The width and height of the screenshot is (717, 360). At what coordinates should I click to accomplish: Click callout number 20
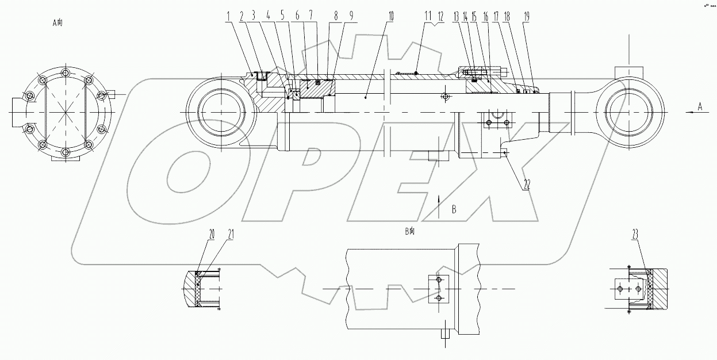tap(212, 233)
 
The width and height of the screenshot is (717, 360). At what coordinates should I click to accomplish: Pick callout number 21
tap(231, 233)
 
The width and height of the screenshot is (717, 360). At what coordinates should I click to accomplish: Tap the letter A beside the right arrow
tap(700, 106)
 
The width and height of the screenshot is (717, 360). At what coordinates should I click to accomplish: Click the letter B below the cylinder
tap(454, 210)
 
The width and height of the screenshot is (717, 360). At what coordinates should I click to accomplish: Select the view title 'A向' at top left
tap(57, 24)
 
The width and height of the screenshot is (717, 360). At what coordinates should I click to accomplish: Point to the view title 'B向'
tap(409, 232)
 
